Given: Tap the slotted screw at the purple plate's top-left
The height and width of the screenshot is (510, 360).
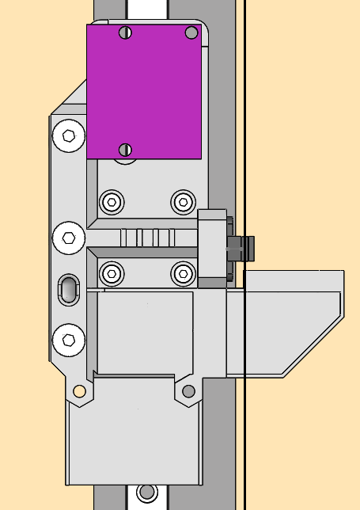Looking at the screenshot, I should (124, 32).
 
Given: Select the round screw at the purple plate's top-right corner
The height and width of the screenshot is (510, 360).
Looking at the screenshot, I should (191, 32).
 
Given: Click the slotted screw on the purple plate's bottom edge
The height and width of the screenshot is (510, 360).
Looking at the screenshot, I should (124, 150).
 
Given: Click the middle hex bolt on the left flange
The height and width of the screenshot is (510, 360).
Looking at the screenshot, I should (69, 236).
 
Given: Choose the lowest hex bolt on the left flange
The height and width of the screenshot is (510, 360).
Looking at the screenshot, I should (69, 340).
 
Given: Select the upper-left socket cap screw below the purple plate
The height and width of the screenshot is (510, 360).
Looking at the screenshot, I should (112, 201).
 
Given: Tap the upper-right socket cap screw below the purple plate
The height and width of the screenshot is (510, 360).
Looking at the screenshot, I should (183, 201).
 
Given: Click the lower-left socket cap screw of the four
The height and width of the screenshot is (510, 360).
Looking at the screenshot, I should (112, 274).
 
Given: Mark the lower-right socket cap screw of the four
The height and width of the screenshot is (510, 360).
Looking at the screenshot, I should (183, 274).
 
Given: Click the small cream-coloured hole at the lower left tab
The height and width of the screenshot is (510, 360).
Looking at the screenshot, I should (79, 390).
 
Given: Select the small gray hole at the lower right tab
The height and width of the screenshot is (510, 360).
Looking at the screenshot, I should (188, 390).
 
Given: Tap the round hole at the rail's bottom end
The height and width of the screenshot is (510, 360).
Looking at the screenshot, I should (146, 492).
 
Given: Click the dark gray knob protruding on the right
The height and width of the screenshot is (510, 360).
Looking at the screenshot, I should (241, 248).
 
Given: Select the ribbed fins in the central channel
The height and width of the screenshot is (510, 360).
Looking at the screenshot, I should (146, 238).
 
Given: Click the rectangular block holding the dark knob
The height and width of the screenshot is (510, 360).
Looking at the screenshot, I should (212, 248).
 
